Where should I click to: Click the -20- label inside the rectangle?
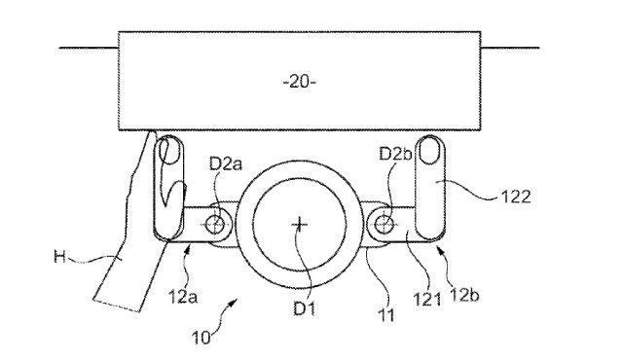click(300, 82)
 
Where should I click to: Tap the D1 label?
click(304, 308)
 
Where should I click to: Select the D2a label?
click(225, 163)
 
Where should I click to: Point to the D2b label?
click(395, 154)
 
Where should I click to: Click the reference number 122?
click(515, 197)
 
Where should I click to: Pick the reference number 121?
click(427, 300)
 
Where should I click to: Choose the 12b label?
click(465, 295)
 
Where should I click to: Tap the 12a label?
click(183, 297)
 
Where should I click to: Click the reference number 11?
click(385, 315)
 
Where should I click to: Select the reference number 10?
click(201, 338)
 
